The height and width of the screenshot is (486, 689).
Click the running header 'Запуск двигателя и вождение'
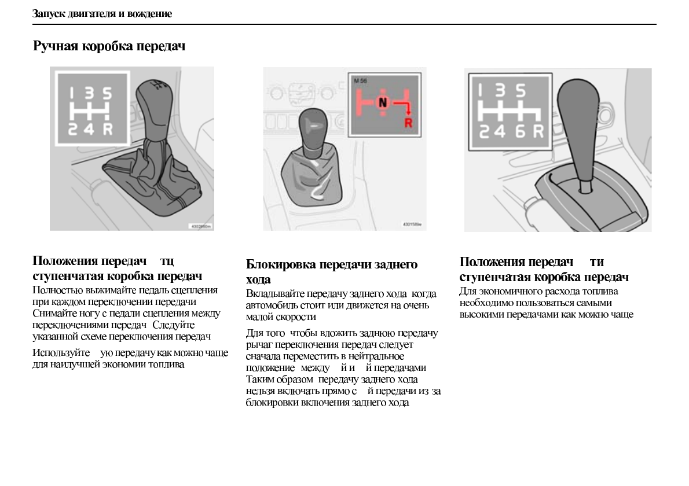[x=102, y=13]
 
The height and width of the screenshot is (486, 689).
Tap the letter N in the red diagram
[x=381, y=103]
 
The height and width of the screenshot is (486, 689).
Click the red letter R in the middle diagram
[x=409, y=122]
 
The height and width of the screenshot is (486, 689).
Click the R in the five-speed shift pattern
[x=108, y=128]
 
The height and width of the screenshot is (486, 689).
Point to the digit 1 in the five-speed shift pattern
[x=73, y=93]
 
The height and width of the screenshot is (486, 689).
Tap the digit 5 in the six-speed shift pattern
[x=521, y=91]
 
